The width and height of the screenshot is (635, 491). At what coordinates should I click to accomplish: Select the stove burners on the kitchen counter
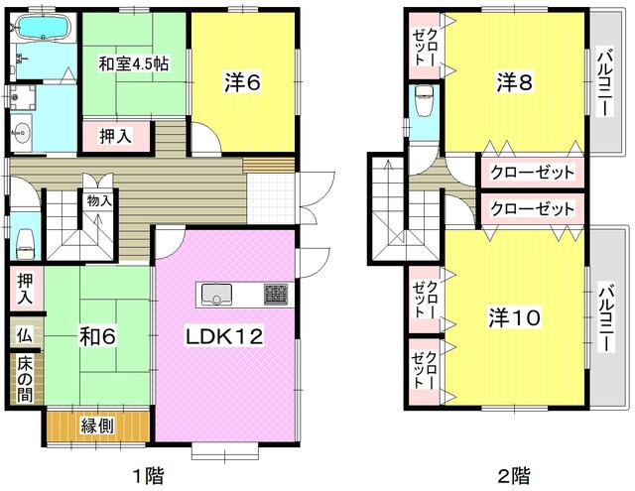pos(276,294)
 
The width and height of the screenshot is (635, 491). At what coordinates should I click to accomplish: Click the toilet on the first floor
pos(25,239)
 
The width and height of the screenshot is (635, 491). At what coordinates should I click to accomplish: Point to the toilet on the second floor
pos(424,98)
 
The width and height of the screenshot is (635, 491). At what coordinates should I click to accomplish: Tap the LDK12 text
pos(224,336)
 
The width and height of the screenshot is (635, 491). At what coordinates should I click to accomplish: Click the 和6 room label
pos(99,336)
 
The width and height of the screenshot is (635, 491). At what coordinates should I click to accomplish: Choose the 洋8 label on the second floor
pos(513,84)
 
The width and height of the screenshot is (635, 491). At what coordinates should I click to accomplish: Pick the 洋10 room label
pos(514,317)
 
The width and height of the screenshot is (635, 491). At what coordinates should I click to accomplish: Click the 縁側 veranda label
pos(97,428)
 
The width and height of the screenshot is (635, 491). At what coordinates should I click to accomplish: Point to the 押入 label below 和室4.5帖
pos(114,136)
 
